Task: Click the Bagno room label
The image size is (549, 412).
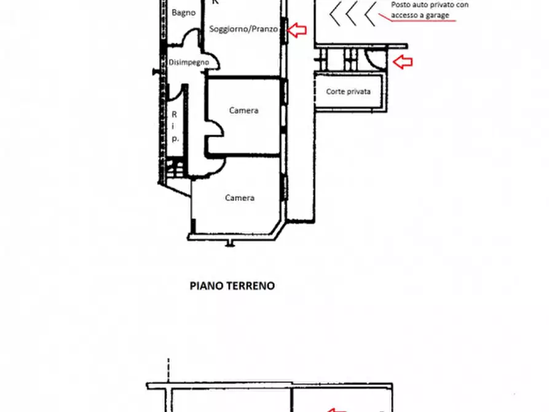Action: (x=183, y=12)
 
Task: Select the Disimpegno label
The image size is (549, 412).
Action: (x=188, y=62)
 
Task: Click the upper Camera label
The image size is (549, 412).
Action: (x=243, y=111)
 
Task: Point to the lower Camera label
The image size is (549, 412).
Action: (x=239, y=198)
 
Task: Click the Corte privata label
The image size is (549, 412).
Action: (x=349, y=92)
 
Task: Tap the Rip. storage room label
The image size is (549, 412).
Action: (x=175, y=127)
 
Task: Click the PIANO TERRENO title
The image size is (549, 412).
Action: (x=232, y=286)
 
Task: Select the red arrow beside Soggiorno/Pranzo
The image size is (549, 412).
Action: (x=298, y=29)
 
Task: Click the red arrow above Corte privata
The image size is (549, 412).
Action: (x=403, y=61)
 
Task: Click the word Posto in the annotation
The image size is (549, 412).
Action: (x=401, y=4)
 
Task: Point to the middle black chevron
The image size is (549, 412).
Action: (x=352, y=14)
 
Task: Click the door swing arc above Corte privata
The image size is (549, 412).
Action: (x=374, y=58)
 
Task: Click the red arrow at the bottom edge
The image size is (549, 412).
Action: (x=336, y=409)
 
